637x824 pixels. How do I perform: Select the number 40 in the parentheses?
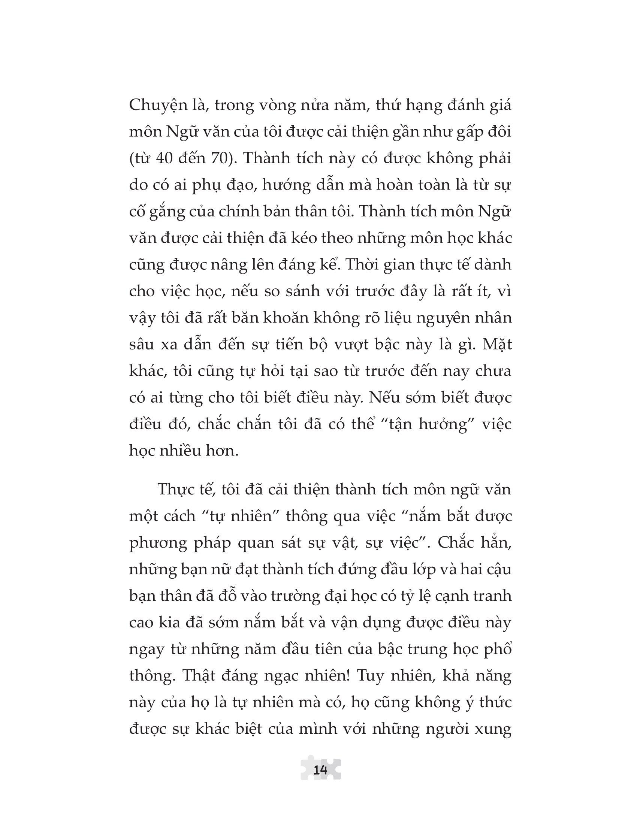(164, 158)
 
